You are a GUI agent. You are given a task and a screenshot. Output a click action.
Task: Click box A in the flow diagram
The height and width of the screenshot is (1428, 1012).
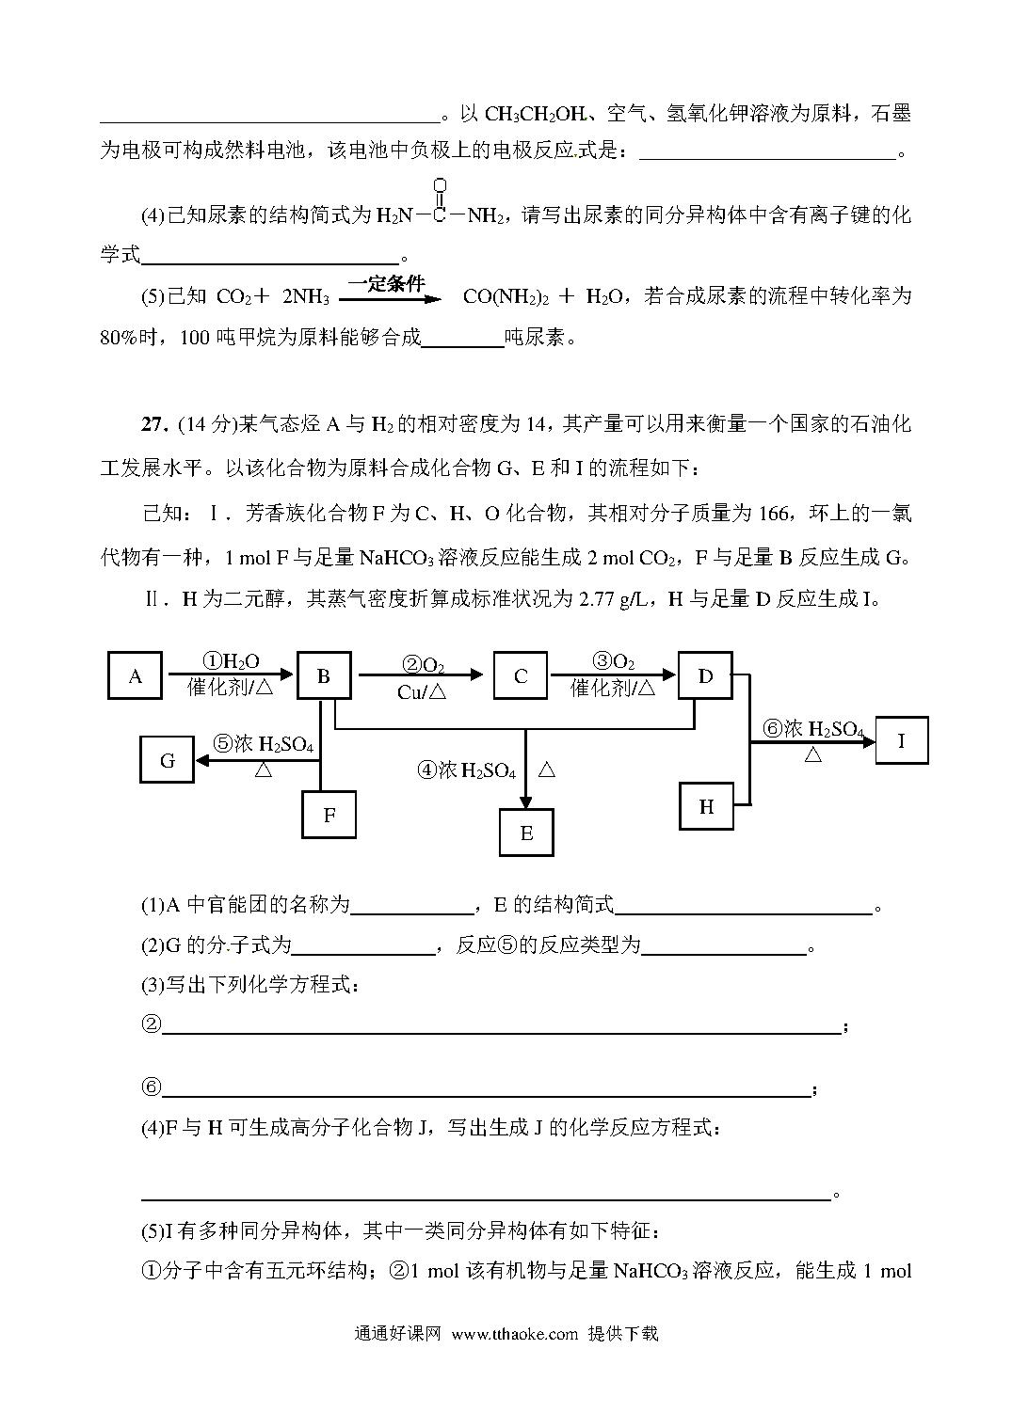[x=135, y=675]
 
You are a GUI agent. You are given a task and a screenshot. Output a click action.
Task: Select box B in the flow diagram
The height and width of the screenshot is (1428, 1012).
[x=324, y=675]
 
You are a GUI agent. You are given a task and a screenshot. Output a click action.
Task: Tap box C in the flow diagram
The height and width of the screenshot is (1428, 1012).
[x=521, y=675]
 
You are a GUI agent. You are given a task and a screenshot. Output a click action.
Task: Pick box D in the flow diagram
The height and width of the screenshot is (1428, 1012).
[x=705, y=674]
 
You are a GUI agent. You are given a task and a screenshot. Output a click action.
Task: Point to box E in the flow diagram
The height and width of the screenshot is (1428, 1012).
[x=526, y=833]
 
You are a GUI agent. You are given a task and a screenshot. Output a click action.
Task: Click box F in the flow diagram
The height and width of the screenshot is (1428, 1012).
[x=329, y=814]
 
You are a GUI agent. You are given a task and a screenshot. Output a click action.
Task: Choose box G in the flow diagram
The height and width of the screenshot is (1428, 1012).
[x=168, y=759]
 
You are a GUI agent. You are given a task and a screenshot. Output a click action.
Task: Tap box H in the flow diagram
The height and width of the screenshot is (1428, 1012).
[x=706, y=806]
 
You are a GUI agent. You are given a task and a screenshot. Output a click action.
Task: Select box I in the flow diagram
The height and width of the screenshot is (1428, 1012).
[x=901, y=739]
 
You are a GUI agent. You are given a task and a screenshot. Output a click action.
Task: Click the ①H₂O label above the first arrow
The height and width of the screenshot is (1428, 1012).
[x=232, y=662]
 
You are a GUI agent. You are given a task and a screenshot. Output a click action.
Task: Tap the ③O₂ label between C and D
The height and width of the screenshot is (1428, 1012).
[x=613, y=662]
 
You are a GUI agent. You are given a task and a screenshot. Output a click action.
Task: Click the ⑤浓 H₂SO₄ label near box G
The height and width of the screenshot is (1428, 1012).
[x=263, y=744]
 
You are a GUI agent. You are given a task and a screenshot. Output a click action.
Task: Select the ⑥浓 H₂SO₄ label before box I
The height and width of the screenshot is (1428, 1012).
[x=812, y=729]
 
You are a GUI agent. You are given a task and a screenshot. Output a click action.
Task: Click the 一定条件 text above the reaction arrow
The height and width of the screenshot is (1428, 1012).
[x=386, y=282]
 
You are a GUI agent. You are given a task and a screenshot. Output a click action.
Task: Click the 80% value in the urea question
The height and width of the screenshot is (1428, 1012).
[x=119, y=338]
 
